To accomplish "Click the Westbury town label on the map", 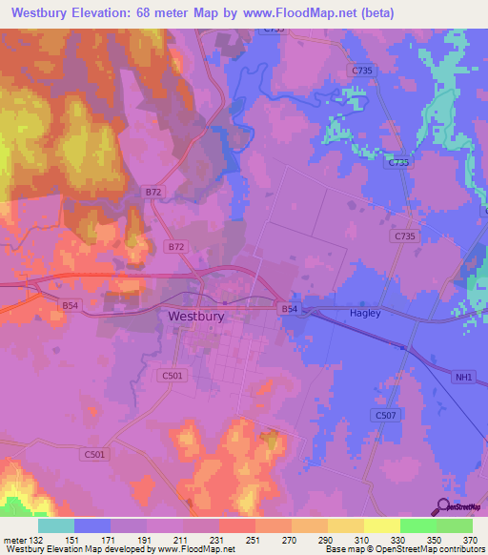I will [x=195, y=316].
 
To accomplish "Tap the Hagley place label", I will [x=364, y=314].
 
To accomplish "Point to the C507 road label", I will [x=385, y=415].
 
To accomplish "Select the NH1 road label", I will [x=463, y=378].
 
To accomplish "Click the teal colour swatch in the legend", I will [x=56, y=526].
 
